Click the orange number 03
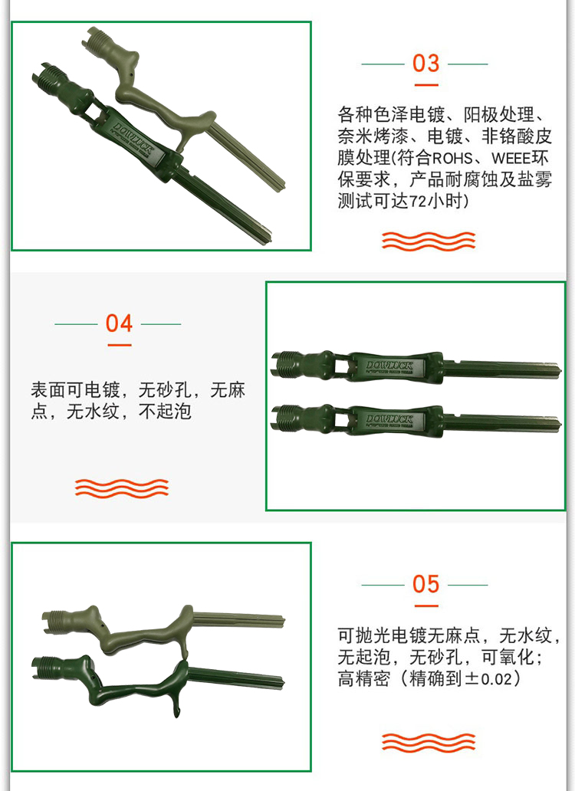(426, 64)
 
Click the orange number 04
(119, 323)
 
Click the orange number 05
(426, 584)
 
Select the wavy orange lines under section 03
(429, 241)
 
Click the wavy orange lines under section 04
(122, 487)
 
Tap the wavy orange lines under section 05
(429, 742)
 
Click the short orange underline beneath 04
(120, 345)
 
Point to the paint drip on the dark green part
(176, 706)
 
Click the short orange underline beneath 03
(426, 85)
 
